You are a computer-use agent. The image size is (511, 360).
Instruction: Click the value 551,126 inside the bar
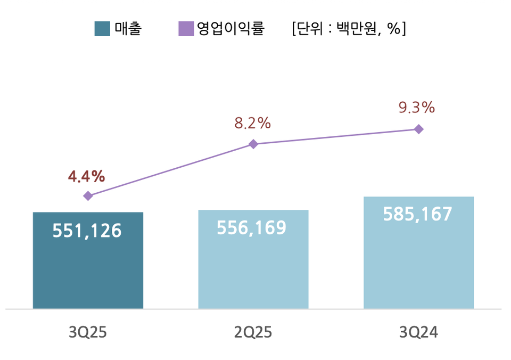point(87,231)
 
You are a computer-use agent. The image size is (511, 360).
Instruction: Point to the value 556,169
point(252,228)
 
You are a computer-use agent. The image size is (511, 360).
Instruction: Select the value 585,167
point(417,214)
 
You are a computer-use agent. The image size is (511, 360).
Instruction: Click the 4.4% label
point(86,176)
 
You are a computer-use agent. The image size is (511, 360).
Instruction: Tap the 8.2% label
point(253,124)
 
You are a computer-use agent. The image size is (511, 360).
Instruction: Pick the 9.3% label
point(417,108)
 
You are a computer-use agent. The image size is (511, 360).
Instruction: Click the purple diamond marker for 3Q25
point(88,196)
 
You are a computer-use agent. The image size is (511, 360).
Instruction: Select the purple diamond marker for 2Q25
point(253,144)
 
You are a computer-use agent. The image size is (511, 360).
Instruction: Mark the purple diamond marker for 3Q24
point(419,129)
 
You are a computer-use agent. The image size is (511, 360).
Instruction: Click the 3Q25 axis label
point(88,333)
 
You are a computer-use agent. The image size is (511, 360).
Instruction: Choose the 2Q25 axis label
point(253,333)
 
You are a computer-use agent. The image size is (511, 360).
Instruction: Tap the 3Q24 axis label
point(418,333)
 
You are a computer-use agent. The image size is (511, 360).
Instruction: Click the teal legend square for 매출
point(102,29)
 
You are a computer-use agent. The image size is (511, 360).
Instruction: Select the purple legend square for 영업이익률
point(186,29)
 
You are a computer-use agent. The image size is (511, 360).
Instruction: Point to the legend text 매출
point(128,29)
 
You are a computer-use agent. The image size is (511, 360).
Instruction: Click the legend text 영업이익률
point(230,29)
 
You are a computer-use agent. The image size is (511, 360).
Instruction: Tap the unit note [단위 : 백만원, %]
point(349,29)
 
